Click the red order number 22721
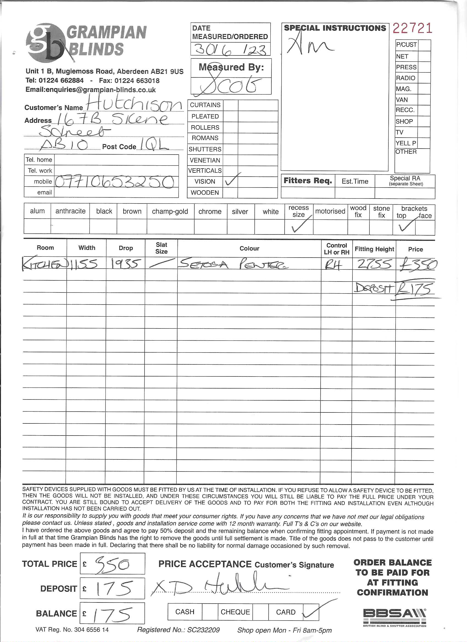pos(412,28)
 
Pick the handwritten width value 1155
pos(85,264)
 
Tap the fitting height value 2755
pos(374,264)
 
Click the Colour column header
pos(249,248)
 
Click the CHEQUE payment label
pos(235,612)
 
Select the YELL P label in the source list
pos(406,143)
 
